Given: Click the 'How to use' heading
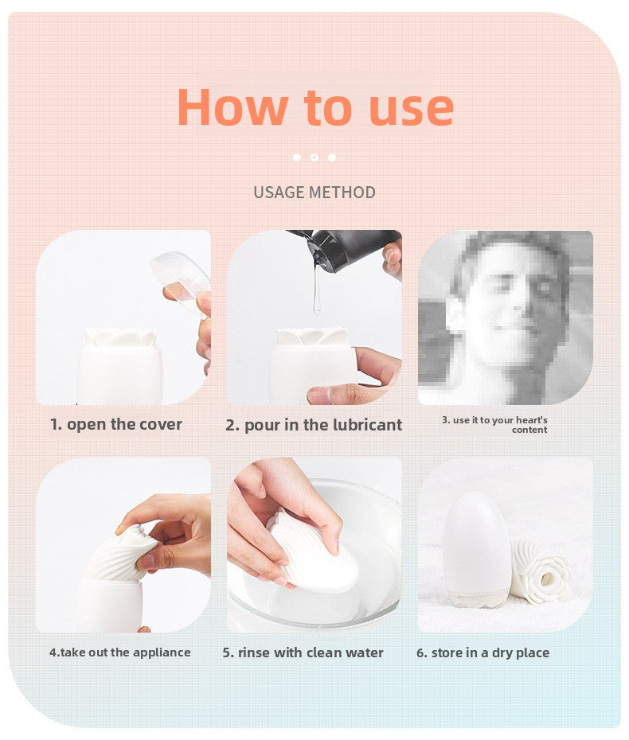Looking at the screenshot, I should pyautogui.click(x=314, y=107).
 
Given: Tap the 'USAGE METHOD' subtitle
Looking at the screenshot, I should pyautogui.click(x=314, y=193).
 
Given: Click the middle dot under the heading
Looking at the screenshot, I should pyautogui.click(x=314, y=158).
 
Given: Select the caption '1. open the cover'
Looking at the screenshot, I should pyautogui.click(x=116, y=424).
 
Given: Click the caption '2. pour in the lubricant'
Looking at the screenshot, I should pyautogui.click(x=314, y=425).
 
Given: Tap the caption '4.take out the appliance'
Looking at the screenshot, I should pyautogui.click(x=120, y=652).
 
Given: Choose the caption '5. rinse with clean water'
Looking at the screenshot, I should pyautogui.click(x=303, y=652).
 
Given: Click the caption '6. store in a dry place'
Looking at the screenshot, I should pyautogui.click(x=482, y=652).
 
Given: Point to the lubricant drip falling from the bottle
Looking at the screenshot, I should pyautogui.click(x=317, y=290).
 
